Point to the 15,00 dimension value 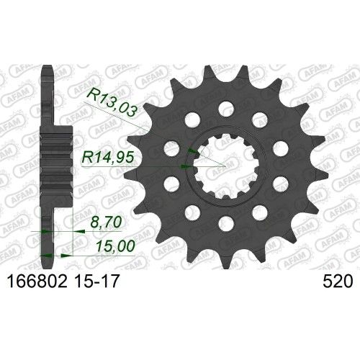[111, 246]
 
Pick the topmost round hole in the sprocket [223, 108]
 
